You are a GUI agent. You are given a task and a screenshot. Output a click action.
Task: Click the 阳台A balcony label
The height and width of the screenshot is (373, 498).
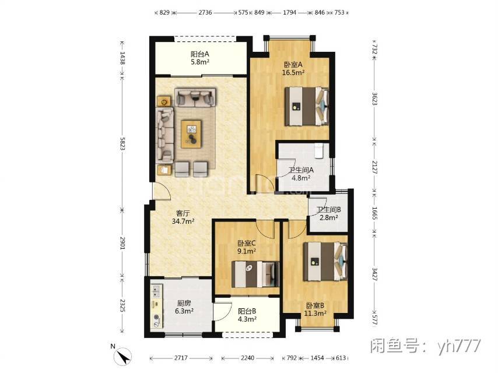tap(200, 58)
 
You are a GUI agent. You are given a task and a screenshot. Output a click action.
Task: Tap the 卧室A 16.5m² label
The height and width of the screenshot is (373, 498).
tap(293, 68)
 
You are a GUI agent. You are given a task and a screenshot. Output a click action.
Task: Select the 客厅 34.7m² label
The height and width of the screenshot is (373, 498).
tap(183, 217)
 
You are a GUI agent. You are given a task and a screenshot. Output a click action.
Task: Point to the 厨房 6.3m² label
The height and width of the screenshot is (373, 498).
tap(184, 307)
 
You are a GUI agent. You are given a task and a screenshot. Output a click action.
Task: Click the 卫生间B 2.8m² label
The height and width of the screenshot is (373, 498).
tap(329, 214)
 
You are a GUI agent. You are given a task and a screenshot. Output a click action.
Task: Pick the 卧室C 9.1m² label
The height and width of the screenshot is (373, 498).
tap(247, 247)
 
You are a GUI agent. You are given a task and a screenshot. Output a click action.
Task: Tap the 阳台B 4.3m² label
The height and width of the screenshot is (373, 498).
tap(247, 315)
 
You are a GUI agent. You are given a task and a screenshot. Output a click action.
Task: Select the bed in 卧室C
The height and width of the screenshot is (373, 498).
tap(255, 275)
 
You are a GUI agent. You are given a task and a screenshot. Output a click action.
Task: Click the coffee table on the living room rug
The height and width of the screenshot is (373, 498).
tap(191, 134)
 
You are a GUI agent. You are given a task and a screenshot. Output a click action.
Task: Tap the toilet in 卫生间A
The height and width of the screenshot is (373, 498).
tap(318, 150)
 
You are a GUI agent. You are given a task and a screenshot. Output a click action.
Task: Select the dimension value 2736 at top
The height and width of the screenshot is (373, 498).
tap(205, 13)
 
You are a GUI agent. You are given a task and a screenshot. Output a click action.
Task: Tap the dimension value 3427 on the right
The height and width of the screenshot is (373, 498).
tap(375, 275)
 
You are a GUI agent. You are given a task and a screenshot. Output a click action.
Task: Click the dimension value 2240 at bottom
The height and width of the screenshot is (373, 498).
tap(247, 358)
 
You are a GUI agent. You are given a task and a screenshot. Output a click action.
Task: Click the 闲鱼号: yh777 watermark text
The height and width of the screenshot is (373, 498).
tap(426, 346)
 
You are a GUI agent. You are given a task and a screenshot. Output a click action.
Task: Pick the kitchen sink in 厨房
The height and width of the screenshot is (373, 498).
tap(156, 291)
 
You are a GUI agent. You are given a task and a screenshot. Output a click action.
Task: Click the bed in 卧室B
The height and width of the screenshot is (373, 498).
tap(325, 262)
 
